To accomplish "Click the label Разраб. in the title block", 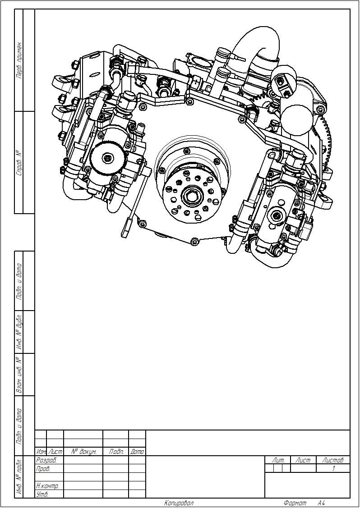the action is [46, 460].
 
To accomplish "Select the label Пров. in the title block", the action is [43, 468].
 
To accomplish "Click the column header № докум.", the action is [83, 451].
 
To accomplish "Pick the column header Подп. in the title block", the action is [116, 451].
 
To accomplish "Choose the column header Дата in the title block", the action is [137, 451].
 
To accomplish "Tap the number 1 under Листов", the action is [333, 468].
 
